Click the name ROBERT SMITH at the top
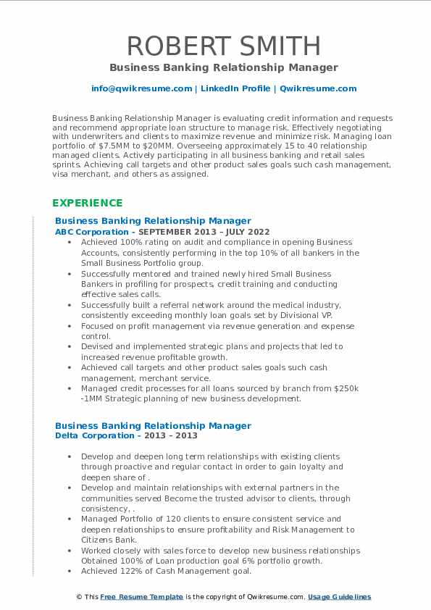coord(223,46)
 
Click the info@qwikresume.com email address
coord(141,88)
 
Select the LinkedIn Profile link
coord(235,88)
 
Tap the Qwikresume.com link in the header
coord(318,88)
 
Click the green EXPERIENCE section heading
coord(87,203)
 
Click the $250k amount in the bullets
coord(347,388)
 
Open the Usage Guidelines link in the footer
coord(339,597)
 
